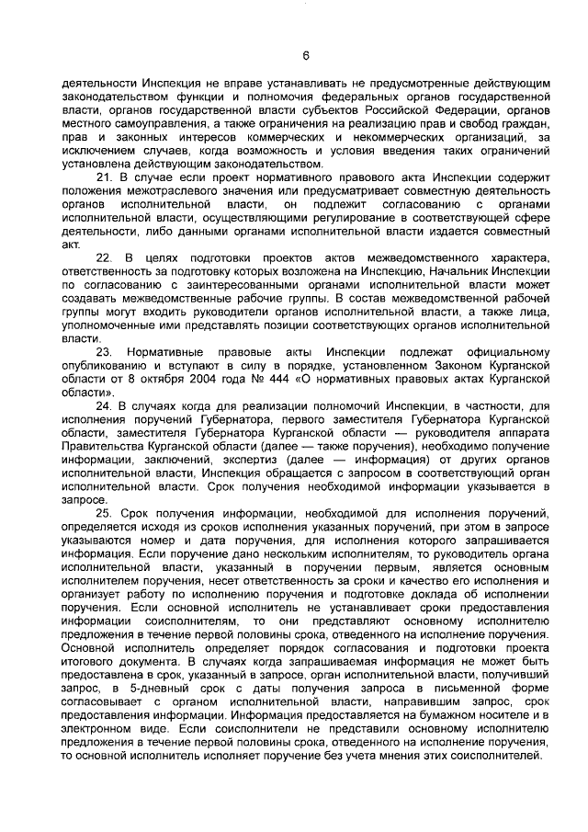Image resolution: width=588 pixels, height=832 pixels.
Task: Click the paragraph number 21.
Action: [103, 176]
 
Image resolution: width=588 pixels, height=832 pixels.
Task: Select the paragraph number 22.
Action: [103, 258]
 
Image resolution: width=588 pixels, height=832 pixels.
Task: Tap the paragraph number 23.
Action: [103, 353]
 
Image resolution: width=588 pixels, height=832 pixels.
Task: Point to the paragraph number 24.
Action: [103, 405]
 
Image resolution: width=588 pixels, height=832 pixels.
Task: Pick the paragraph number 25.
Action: [103, 511]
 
